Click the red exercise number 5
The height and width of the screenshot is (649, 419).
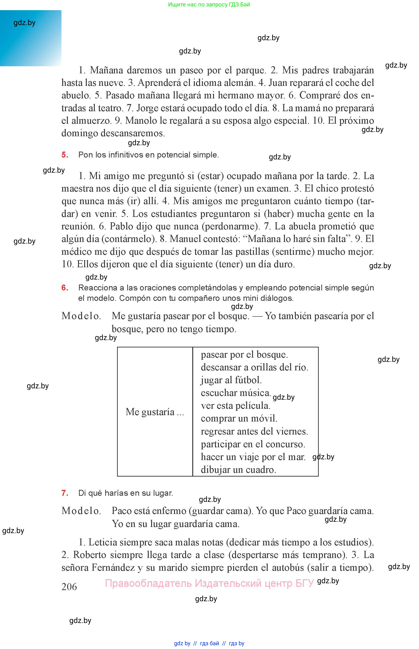tap(65, 155)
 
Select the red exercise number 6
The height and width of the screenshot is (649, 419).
tap(65, 288)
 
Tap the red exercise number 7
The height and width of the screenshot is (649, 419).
tap(65, 493)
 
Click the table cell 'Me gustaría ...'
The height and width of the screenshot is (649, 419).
tap(155, 412)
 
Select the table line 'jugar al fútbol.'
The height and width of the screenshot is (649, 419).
tap(231, 380)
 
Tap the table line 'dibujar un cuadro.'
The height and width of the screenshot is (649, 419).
tap(238, 470)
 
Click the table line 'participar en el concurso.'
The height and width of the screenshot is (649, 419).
tap(253, 444)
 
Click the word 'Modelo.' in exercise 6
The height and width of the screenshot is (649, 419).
tap(81, 316)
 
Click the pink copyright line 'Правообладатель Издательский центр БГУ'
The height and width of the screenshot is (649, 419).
tap(209, 583)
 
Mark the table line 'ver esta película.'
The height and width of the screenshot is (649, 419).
tap(235, 406)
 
